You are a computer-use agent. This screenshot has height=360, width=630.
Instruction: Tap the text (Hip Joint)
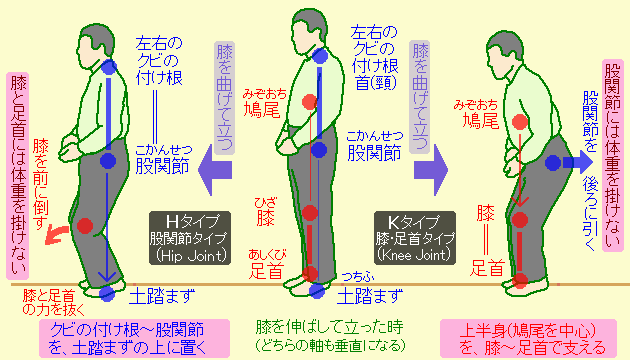coord(186,256)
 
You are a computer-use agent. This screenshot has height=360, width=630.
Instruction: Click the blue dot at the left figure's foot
coord(109,293)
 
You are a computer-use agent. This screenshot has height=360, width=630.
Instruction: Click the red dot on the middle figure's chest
coord(311,100)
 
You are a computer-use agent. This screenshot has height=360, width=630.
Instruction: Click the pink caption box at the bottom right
coord(528,337)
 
